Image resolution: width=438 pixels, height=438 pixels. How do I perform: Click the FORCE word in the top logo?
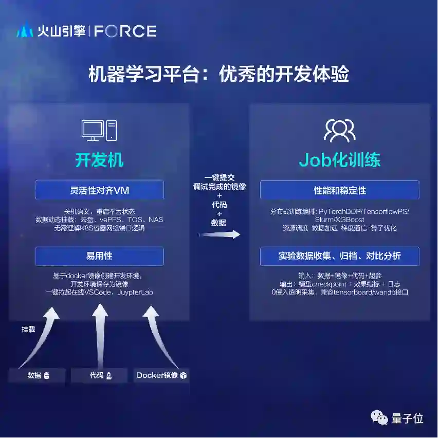tap(125, 31)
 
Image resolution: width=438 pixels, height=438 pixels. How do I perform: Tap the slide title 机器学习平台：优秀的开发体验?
tap(218, 74)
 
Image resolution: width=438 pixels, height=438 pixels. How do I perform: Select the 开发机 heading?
tap(99, 160)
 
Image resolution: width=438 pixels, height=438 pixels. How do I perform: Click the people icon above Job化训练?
tap(339, 131)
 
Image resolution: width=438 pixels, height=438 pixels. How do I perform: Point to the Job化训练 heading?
tap(339, 160)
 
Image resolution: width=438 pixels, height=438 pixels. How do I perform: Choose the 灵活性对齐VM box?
tap(99, 190)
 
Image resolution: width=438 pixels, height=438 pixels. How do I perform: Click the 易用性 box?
tap(99, 256)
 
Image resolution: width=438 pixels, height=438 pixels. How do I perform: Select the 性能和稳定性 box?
tap(339, 190)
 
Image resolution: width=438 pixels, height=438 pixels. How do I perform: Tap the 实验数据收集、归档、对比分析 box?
tap(339, 256)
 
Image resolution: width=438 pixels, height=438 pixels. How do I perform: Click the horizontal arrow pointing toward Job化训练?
tap(220, 234)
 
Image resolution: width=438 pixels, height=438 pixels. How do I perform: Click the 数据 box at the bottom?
tap(37, 375)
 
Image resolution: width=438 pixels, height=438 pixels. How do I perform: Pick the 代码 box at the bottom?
tap(99, 375)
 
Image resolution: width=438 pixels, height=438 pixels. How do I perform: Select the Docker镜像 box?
tap(161, 375)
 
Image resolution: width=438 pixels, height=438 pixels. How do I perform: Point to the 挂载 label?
tap(28, 329)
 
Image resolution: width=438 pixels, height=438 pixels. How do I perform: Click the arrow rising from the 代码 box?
tap(99, 334)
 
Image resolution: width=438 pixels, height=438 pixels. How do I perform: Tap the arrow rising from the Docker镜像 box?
tap(159, 334)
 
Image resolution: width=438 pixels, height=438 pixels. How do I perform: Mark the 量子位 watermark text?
tap(407, 418)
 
